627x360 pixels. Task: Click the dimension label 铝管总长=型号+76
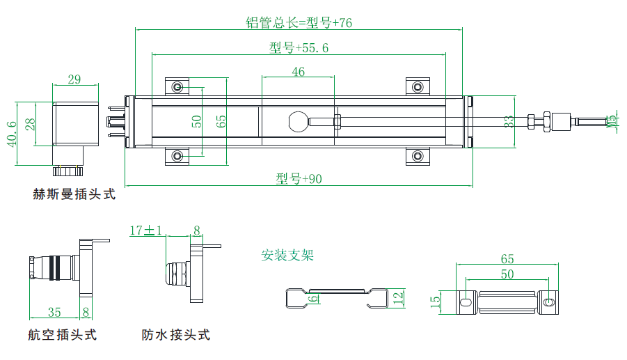tap(299, 22)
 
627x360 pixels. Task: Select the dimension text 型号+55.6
tap(299, 48)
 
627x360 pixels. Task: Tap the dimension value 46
tap(298, 72)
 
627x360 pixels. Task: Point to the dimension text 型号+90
tap(299, 179)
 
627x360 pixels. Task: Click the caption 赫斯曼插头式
tap(74, 195)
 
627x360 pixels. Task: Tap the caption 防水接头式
tap(175, 336)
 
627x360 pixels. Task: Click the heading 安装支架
tap(287, 255)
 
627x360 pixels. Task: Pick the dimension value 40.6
tap(10, 132)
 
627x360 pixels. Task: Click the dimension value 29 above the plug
tap(74, 79)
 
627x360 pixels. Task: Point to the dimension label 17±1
tap(146, 230)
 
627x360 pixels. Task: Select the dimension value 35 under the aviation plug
tap(54, 312)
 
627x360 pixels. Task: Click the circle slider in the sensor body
tap(298, 121)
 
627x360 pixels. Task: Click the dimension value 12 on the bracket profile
tap(398, 297)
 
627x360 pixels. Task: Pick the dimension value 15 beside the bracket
tap(436, 301)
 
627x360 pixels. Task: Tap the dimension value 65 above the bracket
tap(507, 258)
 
